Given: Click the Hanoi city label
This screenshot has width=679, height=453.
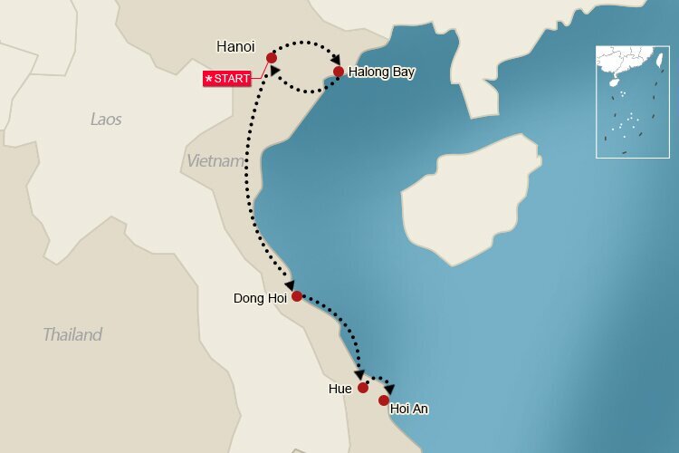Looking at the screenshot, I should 235,46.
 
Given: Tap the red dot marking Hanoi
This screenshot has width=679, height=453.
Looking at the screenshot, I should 272,58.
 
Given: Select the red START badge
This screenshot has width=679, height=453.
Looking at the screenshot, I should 227,79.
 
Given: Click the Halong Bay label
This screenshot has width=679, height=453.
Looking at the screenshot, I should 380,72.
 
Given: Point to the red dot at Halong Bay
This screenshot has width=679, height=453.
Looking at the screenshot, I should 339,72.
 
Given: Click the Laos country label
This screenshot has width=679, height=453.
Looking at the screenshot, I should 106,119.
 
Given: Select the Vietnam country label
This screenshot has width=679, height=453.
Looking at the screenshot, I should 215,161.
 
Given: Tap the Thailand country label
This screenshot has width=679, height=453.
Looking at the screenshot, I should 72,334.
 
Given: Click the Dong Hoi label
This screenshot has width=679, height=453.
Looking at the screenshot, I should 260,298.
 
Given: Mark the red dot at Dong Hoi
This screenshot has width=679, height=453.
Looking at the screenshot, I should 297,295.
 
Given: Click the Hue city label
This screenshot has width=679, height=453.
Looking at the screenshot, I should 340,389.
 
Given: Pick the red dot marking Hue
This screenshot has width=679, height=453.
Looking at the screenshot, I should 363,388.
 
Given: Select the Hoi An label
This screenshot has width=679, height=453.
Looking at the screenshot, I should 408,410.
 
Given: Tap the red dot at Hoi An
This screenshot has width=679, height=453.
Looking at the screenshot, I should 384,400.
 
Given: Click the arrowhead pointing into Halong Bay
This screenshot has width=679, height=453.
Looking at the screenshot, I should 336,58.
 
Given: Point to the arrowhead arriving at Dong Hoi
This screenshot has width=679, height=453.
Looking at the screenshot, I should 289,284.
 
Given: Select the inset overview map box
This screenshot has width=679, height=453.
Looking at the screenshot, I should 632,101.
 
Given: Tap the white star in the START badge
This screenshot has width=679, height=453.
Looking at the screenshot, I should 209,79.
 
